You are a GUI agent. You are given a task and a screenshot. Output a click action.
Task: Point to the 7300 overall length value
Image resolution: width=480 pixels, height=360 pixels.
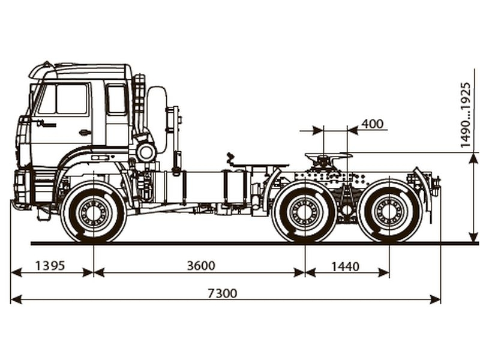(222, 293)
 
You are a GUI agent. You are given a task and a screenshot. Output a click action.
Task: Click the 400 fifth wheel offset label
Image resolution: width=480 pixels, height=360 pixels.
(373, 124)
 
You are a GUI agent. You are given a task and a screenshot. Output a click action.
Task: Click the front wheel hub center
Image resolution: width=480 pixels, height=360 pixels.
(94, 212)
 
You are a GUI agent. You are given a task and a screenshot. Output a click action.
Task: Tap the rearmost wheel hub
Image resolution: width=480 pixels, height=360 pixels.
(389, 212)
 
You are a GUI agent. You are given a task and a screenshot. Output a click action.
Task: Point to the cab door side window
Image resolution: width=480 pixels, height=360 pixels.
(63, 99)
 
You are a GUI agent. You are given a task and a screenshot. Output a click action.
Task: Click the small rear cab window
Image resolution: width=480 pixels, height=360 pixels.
(116, 99)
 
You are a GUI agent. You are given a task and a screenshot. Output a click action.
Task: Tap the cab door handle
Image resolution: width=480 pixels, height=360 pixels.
(85, 132)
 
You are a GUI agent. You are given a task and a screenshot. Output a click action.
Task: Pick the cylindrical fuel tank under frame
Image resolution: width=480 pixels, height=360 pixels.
(204, 186)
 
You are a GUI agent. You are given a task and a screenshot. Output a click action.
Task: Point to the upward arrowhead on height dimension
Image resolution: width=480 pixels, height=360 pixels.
(473, 158)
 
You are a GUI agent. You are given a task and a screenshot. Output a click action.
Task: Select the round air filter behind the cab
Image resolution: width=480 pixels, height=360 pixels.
(146, 151)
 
